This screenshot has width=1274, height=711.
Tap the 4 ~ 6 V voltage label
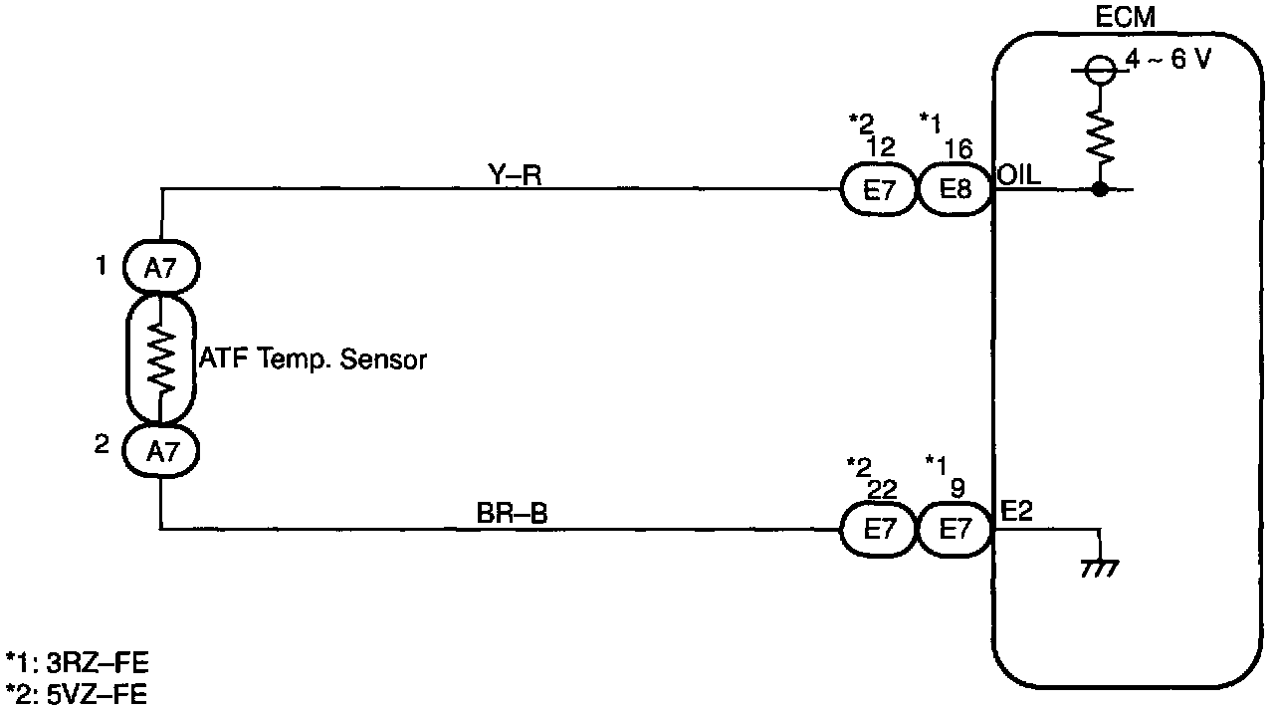(x=1168, y=61)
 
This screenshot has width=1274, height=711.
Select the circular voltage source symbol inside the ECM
(x=1100, y=70)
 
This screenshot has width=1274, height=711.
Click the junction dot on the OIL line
(x=1100, y=188)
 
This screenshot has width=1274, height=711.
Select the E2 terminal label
(x=1015, y=511)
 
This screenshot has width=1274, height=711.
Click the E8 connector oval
(x=955, y=189)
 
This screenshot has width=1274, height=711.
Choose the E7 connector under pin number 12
(x=880, y=189)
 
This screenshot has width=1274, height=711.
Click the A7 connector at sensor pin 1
(x=161, y=267)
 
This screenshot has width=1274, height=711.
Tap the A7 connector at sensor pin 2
(x=161, y=450)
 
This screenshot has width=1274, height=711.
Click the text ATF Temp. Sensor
(x=313, y=359)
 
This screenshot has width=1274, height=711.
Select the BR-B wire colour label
(x=513, y=515)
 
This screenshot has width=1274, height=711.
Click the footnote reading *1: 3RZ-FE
(x=77, y=663)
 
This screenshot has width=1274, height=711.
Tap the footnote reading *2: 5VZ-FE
(x=77, y=693)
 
